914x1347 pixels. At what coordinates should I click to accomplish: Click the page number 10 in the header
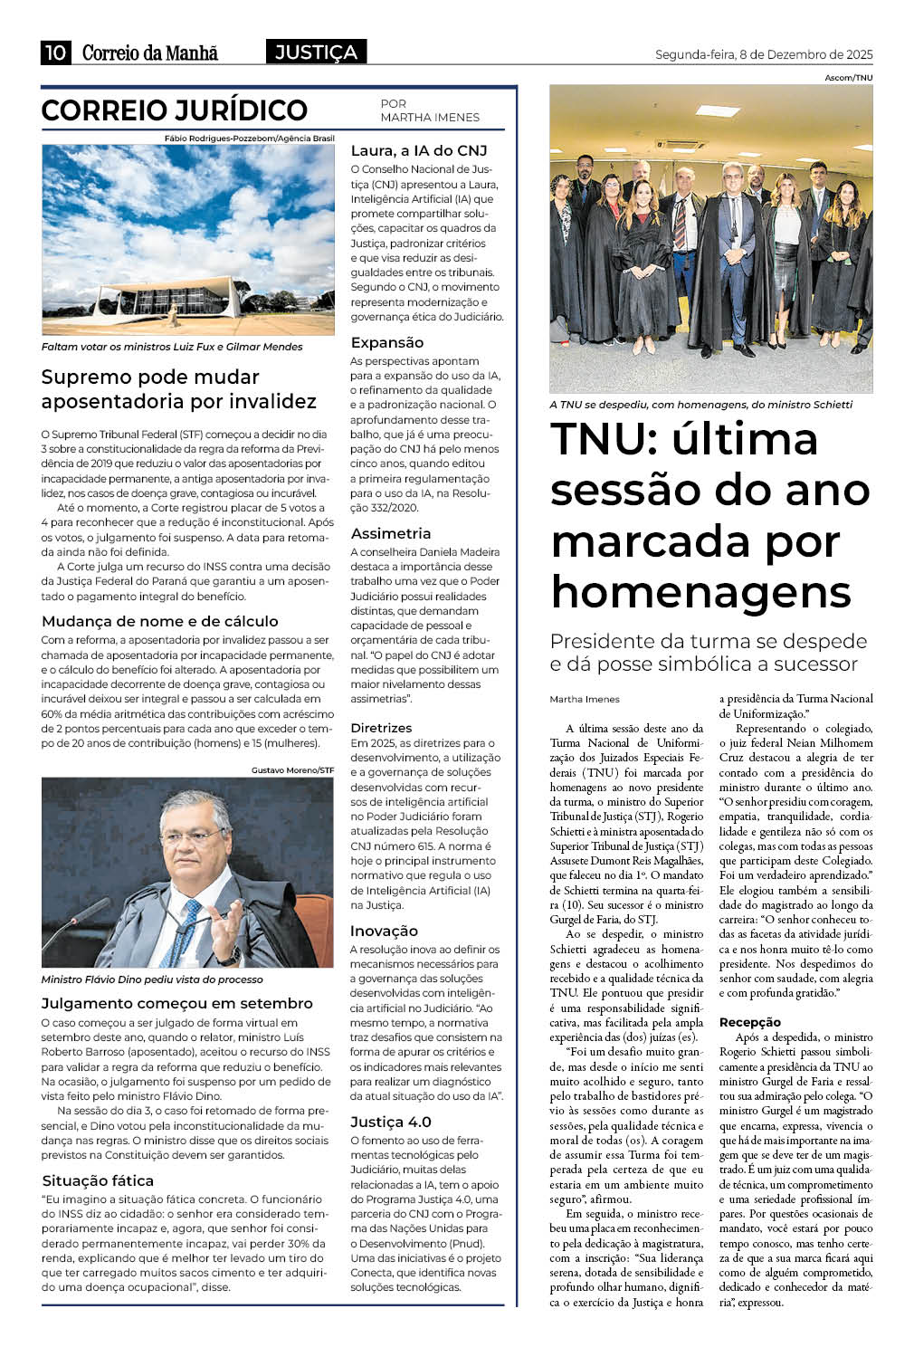click(54, 53)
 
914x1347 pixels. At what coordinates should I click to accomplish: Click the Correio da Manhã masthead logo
click(150, 53)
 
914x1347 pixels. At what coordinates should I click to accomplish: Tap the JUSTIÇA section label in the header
click(316, 53)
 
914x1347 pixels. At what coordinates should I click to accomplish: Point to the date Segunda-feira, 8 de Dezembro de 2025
click(764, 54)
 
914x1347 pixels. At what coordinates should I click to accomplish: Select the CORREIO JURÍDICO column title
click(175, 110)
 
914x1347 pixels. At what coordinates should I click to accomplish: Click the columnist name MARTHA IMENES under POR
click(430, 118)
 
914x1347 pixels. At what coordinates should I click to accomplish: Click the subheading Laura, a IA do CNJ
click(419, 150)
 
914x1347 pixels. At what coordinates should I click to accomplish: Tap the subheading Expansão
click(387, 342)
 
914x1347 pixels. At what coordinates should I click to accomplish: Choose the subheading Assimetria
click(391, 533)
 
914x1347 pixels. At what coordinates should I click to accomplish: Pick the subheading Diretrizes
click(381, 727)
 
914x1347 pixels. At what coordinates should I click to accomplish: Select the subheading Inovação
click(385, 931)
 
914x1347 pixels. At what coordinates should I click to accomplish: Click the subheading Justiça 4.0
click(391, 1122)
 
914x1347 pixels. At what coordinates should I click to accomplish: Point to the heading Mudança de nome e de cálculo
click(160, 621)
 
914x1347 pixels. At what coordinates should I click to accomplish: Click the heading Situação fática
click(98, 1180)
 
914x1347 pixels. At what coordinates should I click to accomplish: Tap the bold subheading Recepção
click(749, 1022)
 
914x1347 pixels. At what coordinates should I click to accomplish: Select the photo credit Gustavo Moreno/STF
click(292, 770)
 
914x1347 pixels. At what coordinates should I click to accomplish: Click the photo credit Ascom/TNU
click(848, 78)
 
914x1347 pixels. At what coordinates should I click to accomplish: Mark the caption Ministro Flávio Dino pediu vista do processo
click(152, 979)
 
